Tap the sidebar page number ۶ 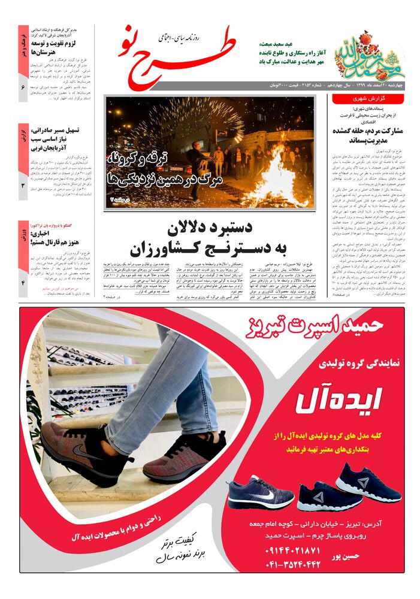[23, 88]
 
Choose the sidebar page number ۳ [23, 186]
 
